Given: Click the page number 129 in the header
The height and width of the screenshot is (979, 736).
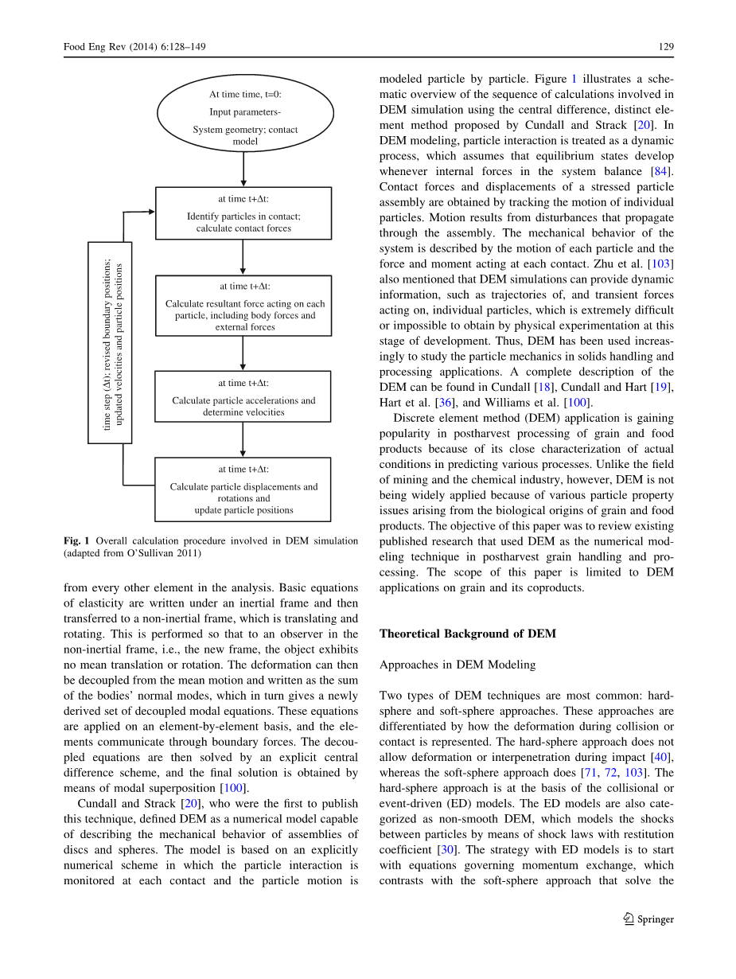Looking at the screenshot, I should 666,47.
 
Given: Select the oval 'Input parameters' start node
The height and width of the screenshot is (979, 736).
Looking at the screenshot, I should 245,112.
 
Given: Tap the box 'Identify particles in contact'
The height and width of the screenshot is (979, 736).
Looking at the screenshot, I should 243,213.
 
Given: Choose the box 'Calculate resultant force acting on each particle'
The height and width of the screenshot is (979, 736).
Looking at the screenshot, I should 243,305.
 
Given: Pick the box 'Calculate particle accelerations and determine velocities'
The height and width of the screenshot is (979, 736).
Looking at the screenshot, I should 243,396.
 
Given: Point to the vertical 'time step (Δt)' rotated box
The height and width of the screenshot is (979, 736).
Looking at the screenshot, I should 110,342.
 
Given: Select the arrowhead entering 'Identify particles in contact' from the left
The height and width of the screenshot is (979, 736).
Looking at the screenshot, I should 150,213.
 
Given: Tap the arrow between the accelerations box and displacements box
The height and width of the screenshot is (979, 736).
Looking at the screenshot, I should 243,439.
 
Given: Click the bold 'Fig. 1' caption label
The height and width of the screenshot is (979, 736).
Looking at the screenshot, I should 76,541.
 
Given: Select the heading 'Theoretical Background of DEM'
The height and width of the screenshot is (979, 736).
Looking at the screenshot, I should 467,634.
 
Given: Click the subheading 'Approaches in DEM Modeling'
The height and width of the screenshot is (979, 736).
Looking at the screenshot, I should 458,665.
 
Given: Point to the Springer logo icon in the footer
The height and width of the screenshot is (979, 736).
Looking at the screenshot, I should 628,919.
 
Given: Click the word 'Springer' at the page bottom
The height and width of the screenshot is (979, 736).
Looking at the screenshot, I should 656,919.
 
